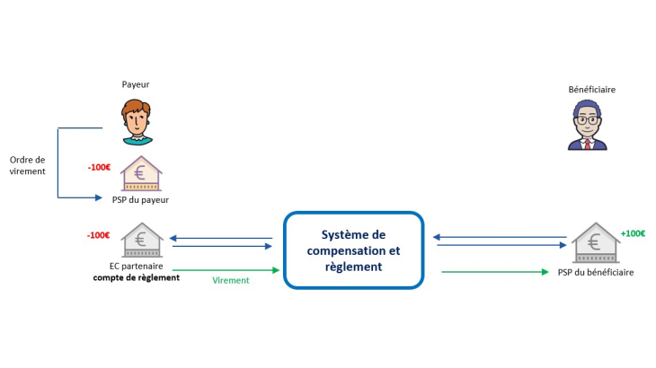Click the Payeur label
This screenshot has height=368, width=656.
[x=136, y=84]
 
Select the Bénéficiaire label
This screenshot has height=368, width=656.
[x=591, y=90]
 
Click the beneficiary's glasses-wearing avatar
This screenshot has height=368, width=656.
[x=588, y=126]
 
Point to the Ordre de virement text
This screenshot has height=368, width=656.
[x=27, y=165]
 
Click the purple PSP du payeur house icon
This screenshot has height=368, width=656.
[x=141, y=173]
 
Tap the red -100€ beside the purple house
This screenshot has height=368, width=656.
[x=99, y=167]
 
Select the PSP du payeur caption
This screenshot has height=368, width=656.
[x=141, y=200]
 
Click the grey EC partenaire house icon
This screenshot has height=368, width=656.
[x=141, y=241]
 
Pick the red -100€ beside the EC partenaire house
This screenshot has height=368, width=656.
[x=99, y=235]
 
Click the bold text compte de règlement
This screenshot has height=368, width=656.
[x=137, y=277]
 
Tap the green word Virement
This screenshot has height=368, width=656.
[x=231, y=280]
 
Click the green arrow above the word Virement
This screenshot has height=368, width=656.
[x=222, y=269]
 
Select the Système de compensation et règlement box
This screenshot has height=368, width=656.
[x=353, y=250]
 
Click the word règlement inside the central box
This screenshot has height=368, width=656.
[x=353, y=267]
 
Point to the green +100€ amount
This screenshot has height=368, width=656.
[x=633, y=233]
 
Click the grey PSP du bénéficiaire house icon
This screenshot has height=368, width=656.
[x=595, y=243]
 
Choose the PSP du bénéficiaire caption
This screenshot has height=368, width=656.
[x=595, y=272]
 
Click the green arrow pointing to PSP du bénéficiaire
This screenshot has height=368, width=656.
[x=494, y=271]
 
